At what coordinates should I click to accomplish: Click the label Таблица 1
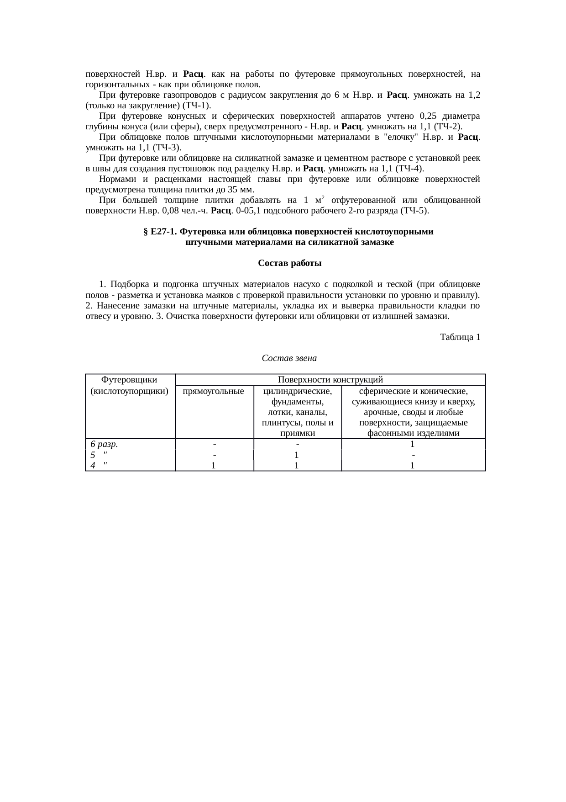coord(460,337)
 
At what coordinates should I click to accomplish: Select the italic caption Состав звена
coord(289,358)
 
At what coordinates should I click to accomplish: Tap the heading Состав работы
coord(289,264)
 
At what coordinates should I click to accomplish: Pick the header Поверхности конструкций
coord(330,380)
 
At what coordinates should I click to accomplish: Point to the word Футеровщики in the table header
coord(129,380)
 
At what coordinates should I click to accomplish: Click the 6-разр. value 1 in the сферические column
coord(412,444)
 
